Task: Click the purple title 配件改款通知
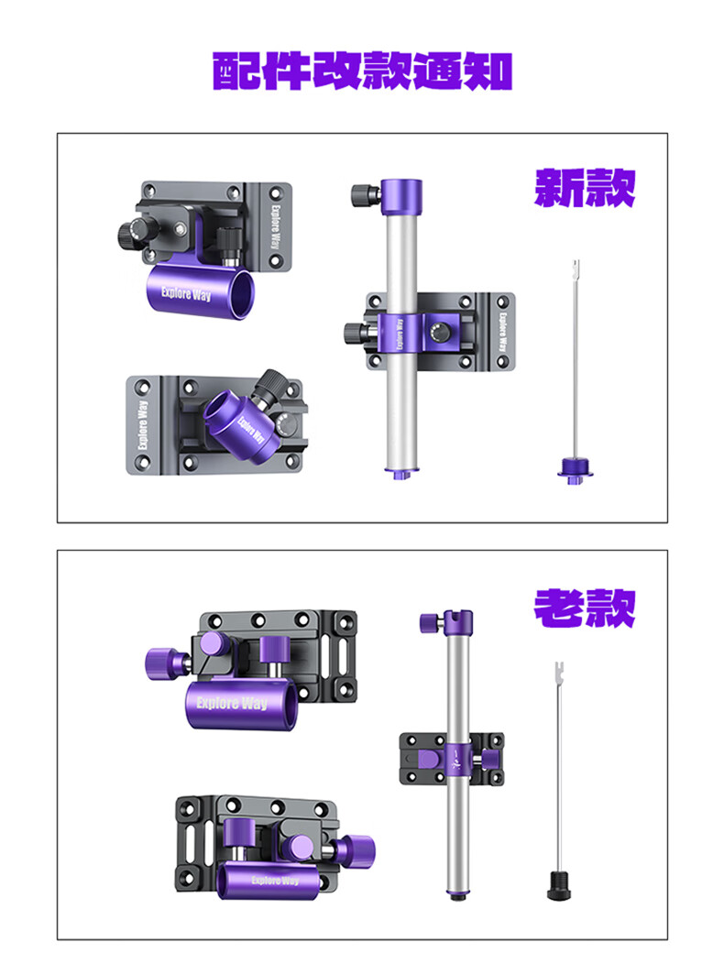tap(362, 71)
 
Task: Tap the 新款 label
tap(585, 187)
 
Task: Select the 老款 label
tap(585, 608)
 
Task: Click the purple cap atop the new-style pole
tap(401, 197)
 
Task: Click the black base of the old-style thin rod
tap(558, 885)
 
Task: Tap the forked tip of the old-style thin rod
tap(558, 671)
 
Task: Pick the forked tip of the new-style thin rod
tap(576, 268)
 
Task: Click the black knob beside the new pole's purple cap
tap(365, 195)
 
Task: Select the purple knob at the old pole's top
tap(432, 623)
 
